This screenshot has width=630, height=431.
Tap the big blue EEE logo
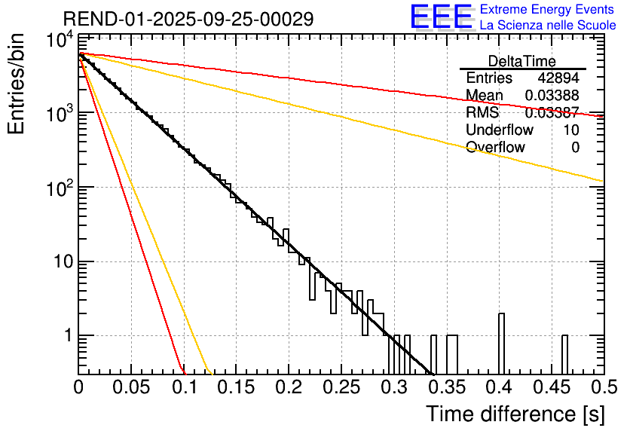pyautogui.click(x=441, y=17)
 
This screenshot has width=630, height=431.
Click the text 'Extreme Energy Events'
pyautogui.click(x=547, y=10)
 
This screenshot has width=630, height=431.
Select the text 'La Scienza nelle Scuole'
pyautogui.click(x=547, y=25)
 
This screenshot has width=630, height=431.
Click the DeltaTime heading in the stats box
pyautogui.click(x=521, y=61)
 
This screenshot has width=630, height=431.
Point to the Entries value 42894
pyautogui.click(x=558, y=78)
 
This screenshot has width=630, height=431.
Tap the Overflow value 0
pyautogui.click(x=575, y=148)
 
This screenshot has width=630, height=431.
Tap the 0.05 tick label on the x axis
pyautogui.click(x=130, y=388)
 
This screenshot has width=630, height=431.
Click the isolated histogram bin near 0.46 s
pyautogui.click(x=564, y=354)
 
